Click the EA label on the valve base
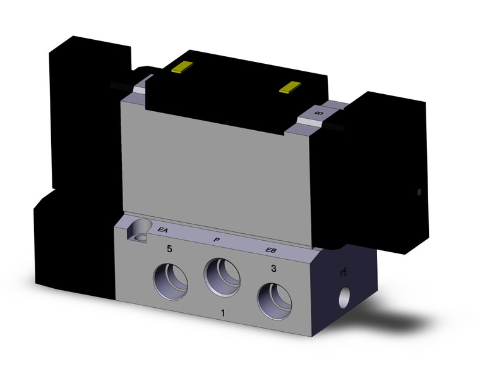point(162,231)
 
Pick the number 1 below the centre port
point(222,313)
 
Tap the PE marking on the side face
point(344,273)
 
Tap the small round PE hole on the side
point(345,295)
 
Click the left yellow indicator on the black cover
point(181,68)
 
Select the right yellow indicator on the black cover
point(292,87)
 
